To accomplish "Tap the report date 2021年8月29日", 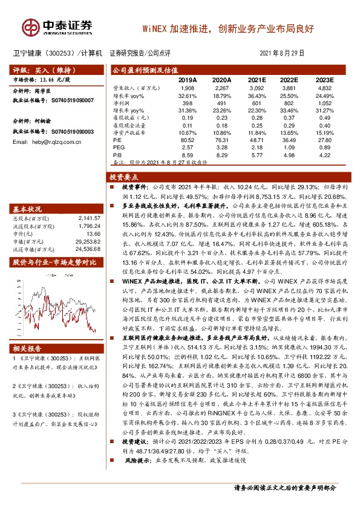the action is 289,53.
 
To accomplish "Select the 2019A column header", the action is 188,80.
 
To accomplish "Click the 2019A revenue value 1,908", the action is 188,88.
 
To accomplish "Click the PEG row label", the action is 119,148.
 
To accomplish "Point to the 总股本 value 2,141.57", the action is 89,218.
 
